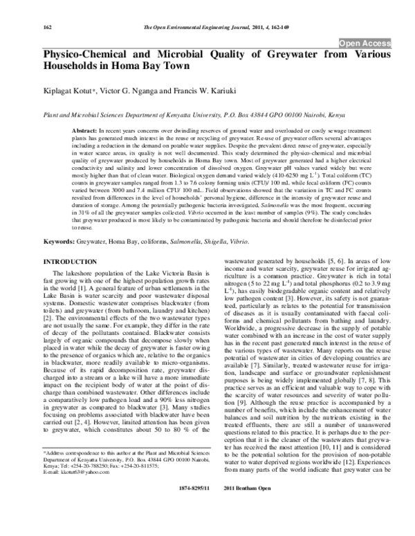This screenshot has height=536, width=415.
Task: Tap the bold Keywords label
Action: (x=59, y=242)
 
